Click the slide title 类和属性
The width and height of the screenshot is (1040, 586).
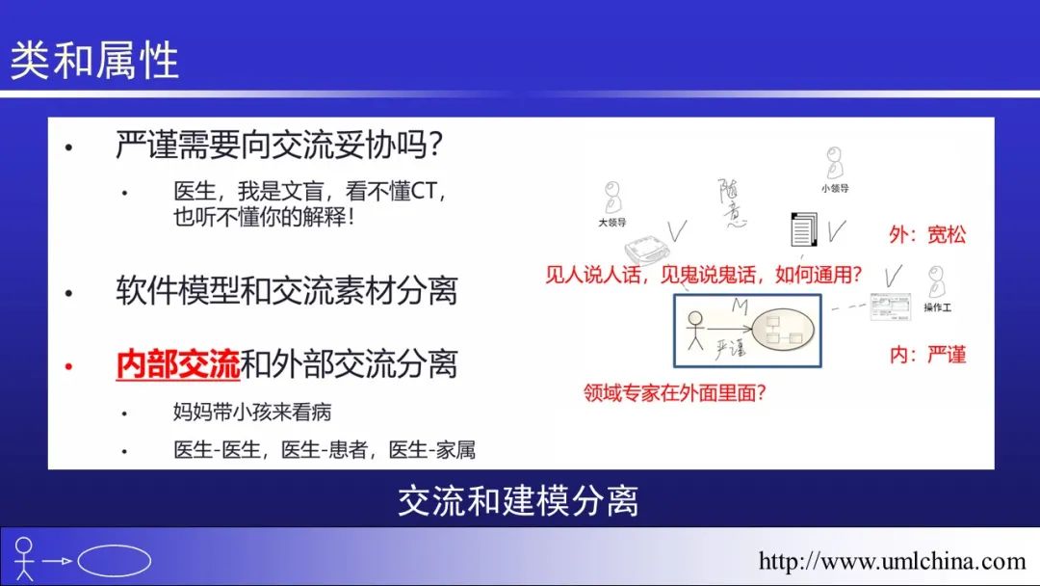tap(94, 61)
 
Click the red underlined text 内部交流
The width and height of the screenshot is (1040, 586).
tap(177, 363)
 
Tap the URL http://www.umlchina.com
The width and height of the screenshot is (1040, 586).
tap(892, 562)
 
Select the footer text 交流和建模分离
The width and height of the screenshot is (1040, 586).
tap(518, 501)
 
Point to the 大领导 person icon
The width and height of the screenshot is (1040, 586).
tap(612, 198)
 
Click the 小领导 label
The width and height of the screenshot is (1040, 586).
tap(834, 189)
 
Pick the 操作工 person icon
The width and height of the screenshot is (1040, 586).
tap(937, 282)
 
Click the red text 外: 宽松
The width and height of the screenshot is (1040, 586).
tap(927, 234)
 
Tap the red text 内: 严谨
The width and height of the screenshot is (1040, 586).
tap(927, 355)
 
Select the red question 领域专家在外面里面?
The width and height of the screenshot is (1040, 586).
tap(674, 393)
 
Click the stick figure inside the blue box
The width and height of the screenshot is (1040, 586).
tap(695, 330)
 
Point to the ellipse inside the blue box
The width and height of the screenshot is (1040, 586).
tap(783, 329)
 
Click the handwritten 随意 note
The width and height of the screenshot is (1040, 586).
tap(733, 203)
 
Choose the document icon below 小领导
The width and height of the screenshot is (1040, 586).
tap(803, 229)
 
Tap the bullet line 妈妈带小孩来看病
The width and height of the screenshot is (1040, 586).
tap(252, 413)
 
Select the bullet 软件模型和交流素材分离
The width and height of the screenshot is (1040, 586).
tap(287, 291)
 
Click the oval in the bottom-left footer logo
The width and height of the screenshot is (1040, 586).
tap(114, 561)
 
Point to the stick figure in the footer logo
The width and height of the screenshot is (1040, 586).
tap(24, 557)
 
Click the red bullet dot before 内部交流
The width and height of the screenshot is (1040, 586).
tap(69, 365)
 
